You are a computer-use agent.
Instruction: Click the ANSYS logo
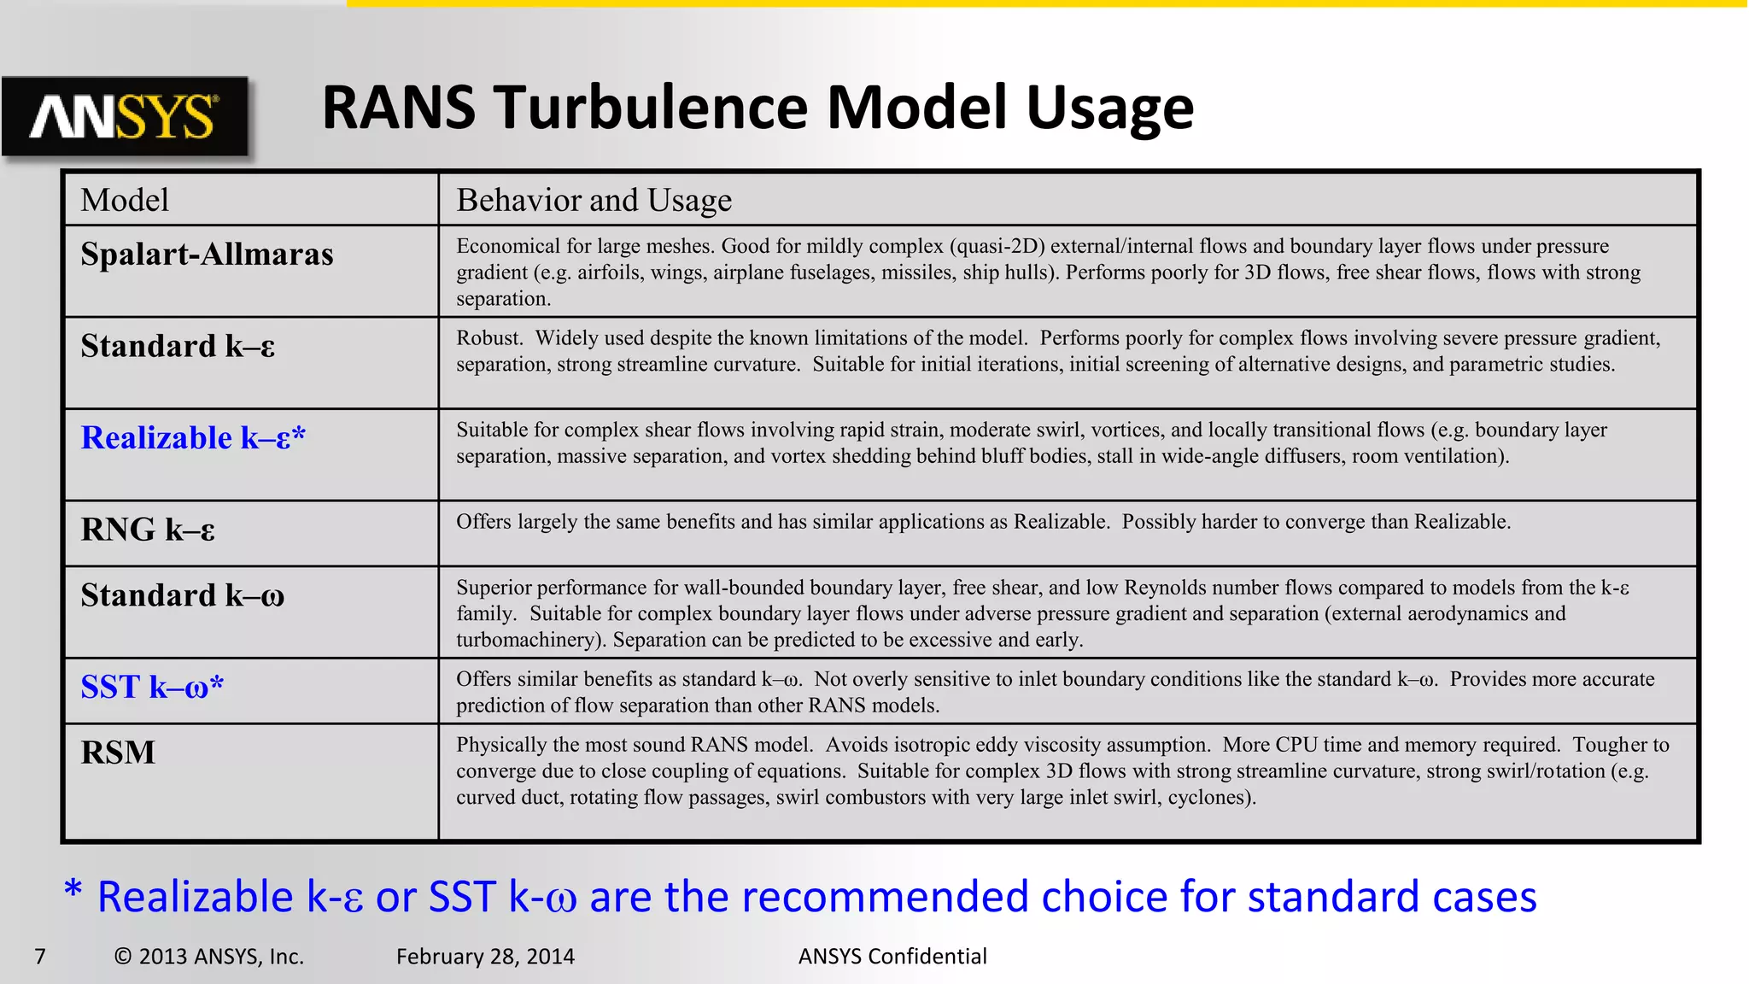[125, 116]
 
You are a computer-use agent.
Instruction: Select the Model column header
[125, 200]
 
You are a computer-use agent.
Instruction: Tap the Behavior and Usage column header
[594, 200]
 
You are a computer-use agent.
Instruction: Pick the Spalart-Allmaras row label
[207, 255]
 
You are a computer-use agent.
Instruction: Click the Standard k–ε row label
[178, 347]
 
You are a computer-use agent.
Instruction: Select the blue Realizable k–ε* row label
[193, 438]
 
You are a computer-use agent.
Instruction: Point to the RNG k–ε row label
[148, 530]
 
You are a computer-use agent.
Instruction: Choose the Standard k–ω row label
[182, 595]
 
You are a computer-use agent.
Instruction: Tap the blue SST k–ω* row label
[152, 687]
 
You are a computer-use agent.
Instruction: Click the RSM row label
[118, 753]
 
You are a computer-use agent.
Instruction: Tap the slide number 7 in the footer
[39, 957]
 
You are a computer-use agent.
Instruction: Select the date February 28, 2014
[485, 957]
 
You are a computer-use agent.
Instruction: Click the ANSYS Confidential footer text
[892, 957]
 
